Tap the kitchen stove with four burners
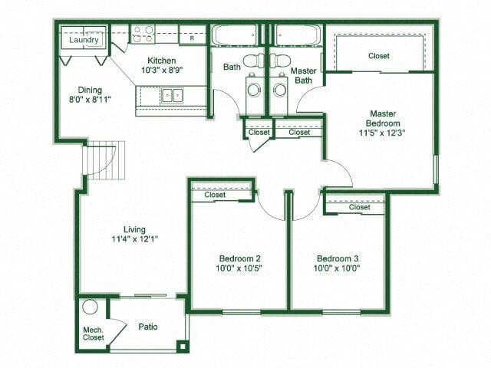tap(143, 33)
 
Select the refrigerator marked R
tap(193, 34)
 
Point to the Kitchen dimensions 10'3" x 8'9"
tap(162, 71)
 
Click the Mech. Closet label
tap(93, 333)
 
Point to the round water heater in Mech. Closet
tap(90, 307)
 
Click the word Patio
tap(148, 327)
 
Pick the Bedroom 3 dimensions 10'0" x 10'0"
tap(338, 268)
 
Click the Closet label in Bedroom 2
tap(215, 195)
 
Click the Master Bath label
tap(305, 75)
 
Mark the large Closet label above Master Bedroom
tap(378, 55)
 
